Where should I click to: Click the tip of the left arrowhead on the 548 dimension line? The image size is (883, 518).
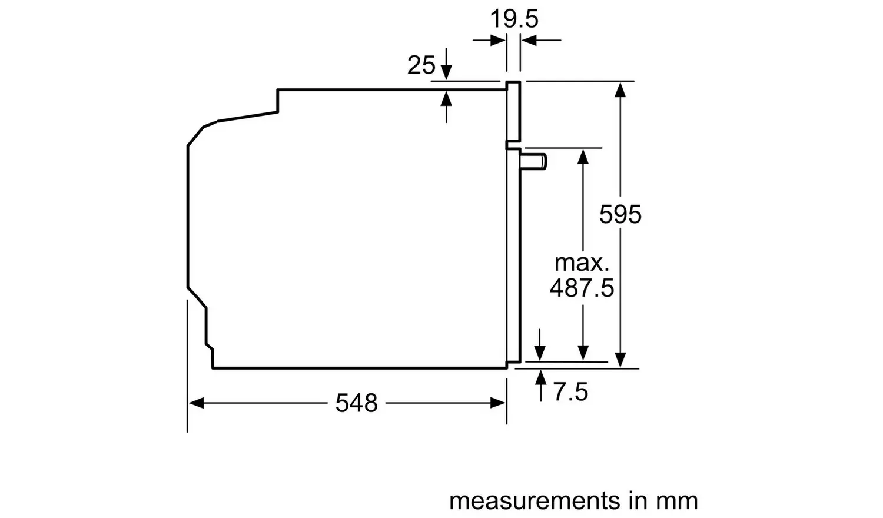[x=189, y=403]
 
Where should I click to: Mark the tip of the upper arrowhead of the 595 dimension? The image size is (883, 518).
[x=620, y=82]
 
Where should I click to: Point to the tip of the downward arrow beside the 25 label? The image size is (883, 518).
[x=446, y=80]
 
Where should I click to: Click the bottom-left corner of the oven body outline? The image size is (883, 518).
[x=213, y=368]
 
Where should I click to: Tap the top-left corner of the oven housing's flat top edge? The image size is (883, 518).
[x=278, y=90]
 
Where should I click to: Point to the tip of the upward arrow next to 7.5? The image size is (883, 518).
[x=541, y=370]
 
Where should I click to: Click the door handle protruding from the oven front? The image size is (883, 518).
[x=533, y=162]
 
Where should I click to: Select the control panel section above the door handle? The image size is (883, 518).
[x=513, y=112]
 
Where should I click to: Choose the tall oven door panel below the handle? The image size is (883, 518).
[x=514, y=255]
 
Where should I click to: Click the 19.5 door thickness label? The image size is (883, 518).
[x=514, y=19]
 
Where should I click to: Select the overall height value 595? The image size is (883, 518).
[x=620, y=215]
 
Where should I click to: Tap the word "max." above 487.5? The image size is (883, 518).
[x=582, y=263]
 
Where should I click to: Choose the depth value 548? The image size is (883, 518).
[x=356, y=403]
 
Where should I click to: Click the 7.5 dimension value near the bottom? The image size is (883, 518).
[x=571, y=392]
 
